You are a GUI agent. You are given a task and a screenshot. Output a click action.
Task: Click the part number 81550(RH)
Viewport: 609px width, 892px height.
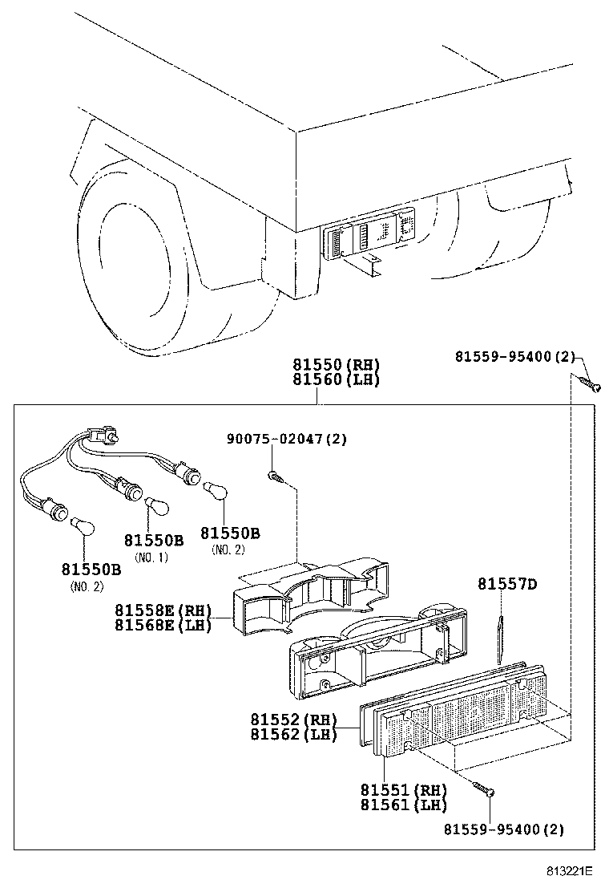pyautogui.click(x=336, y=364)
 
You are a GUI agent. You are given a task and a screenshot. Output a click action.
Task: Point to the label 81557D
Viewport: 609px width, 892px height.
pyautogui.click(x=507, y=585)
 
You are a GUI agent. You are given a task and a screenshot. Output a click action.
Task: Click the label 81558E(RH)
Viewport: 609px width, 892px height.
pyautogui.click(x=163, y=610)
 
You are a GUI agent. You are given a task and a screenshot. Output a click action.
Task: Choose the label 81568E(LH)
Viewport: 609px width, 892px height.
pyautogui.click(x=163, y=625)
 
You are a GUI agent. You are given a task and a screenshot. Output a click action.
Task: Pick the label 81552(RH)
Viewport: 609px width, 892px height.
pyautogui.click(x=292, y=720)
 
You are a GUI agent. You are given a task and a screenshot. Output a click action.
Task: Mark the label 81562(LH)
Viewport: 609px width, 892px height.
pyautogui.click(x=292, y=734)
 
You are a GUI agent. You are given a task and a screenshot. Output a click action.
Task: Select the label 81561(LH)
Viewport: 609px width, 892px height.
pyautogui.click(x=403, y=805)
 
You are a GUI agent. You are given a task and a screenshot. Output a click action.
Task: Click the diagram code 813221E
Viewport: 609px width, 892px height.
pyautogui.click(x=570, y=870)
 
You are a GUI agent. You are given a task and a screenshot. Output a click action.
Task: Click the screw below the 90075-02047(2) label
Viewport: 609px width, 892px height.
pyautogui.click(x=275, y=478)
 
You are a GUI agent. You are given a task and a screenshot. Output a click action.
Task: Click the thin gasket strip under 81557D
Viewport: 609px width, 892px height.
pyautogui.click(x=501, y=639)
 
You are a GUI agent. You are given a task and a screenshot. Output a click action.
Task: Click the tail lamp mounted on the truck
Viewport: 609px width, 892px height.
pyautogui.click(x=371, y=233)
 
